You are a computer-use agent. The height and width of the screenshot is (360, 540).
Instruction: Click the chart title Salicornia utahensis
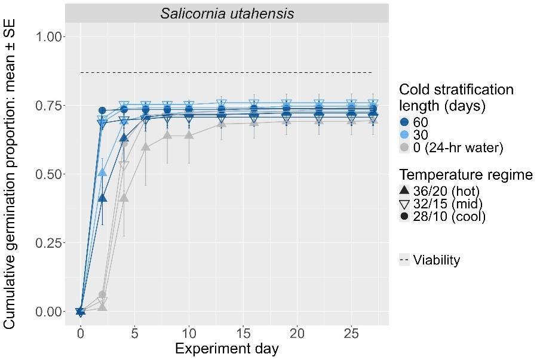[227, 13]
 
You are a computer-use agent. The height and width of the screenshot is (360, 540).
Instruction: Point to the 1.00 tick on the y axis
[48, 37]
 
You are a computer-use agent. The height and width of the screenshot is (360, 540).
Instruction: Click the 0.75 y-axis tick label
[48, 106]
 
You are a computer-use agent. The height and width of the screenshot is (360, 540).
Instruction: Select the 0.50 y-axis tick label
[48, 174]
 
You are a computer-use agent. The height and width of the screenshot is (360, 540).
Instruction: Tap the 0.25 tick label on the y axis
[48, 243]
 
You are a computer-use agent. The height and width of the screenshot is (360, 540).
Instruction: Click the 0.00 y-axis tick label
[48, 312]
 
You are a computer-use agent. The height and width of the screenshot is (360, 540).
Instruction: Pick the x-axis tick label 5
[135, 333]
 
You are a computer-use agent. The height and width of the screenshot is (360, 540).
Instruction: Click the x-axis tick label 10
[189, 333]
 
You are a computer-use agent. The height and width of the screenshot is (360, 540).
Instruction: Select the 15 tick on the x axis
[243, 333]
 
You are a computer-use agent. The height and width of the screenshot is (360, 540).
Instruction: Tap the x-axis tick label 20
[297, 333]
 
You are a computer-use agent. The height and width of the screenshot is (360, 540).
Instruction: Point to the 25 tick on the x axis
[351, 333]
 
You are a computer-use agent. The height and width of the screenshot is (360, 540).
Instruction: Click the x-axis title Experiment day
[226, 349]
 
